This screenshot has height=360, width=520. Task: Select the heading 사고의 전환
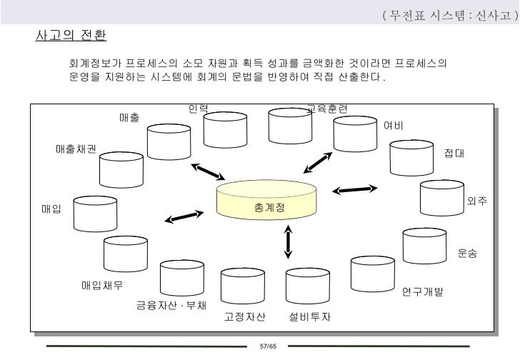(x=70, y=35)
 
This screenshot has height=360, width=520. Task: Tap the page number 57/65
(x=268, y=346)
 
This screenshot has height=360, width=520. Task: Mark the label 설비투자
(x=310, y=316)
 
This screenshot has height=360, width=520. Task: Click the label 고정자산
(x=245, y=316)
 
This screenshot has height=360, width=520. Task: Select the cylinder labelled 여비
(x=355, y=133)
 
